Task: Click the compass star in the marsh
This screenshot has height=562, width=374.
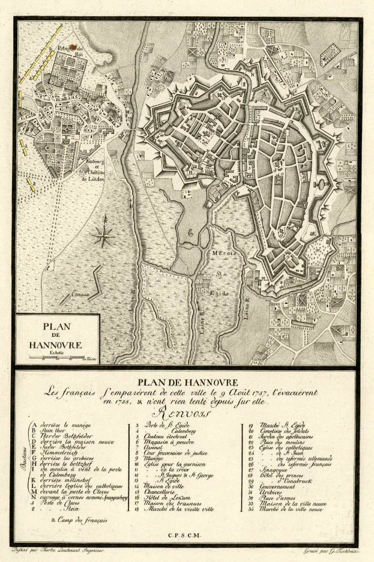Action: coord(104,234)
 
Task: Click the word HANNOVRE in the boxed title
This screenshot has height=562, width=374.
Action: coord(55,345)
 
